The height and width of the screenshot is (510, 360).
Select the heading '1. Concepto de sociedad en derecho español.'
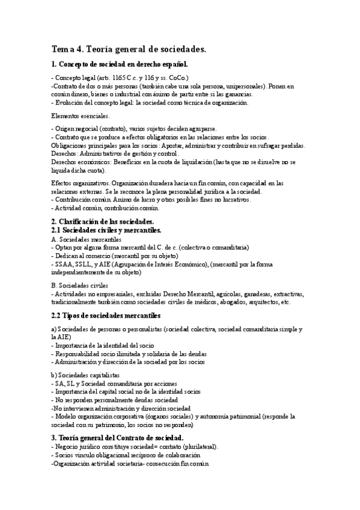pyautogui.click(x=120, y=64)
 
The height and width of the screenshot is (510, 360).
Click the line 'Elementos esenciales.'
pyautogui.click(x=80, y=115)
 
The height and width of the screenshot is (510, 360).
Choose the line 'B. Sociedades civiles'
pyautogui.click(x=80, y=286)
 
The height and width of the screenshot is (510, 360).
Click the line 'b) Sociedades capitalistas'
pyautogui.click(x=86, y=375)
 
